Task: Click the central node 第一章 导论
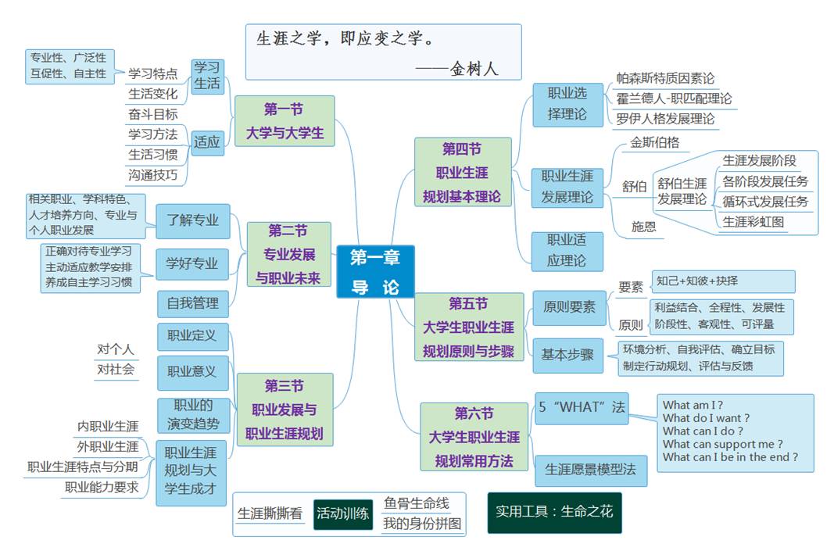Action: tap(375, 272)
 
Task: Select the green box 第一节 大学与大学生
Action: tap(285, 121)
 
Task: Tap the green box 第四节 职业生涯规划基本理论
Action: tap(462, 172)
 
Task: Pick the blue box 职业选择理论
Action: tap(567, 103)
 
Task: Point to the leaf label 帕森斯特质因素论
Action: tap(665, 78)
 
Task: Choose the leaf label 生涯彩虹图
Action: tap(753, 221)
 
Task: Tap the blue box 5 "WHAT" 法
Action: tap(582, 407)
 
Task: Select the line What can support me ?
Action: tap(723, 444)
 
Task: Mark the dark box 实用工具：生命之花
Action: tap(554, 512)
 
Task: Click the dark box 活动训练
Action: tap(343, 514)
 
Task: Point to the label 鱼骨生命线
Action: tap(416, 503)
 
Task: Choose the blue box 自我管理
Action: tap(192, 302)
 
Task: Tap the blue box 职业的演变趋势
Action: tap(192, 415)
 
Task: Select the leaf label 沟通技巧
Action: tap(153, 175)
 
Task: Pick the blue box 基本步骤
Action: tap(567, 355)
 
